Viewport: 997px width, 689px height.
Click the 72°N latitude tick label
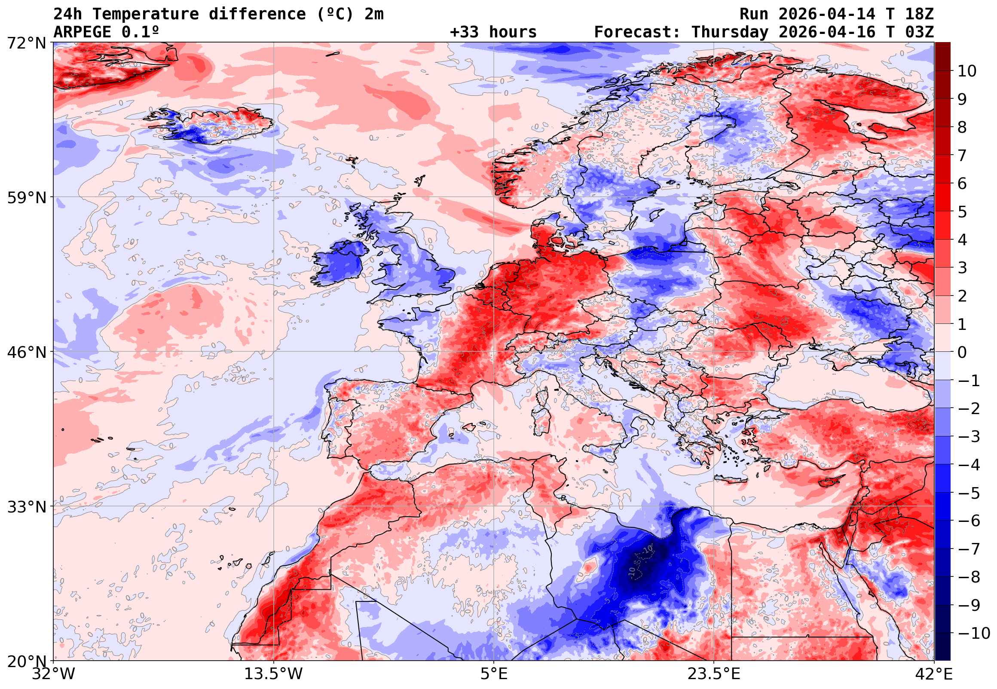point(26,43)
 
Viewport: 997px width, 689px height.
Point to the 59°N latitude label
point(26,198)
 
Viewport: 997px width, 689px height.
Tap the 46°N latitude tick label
point(26,353)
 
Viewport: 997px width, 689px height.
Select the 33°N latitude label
point(26,507)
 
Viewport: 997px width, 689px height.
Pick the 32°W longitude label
point(53,674)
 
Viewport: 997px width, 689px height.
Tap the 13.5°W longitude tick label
point(274,674)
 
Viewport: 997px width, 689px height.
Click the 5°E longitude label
point(494,674)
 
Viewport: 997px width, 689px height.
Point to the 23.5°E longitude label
point(714,674)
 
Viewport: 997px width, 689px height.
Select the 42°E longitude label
point(933,674)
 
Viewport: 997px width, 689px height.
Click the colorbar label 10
point(967,71)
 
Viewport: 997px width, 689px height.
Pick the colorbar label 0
point(962,353)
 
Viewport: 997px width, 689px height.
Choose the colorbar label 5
point(962,212)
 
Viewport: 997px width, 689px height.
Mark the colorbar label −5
point(969,493)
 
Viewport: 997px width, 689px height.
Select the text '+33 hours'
point(493,32)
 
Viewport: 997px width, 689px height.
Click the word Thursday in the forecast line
point(730,32)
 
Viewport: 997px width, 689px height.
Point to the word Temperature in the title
point(146,14)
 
